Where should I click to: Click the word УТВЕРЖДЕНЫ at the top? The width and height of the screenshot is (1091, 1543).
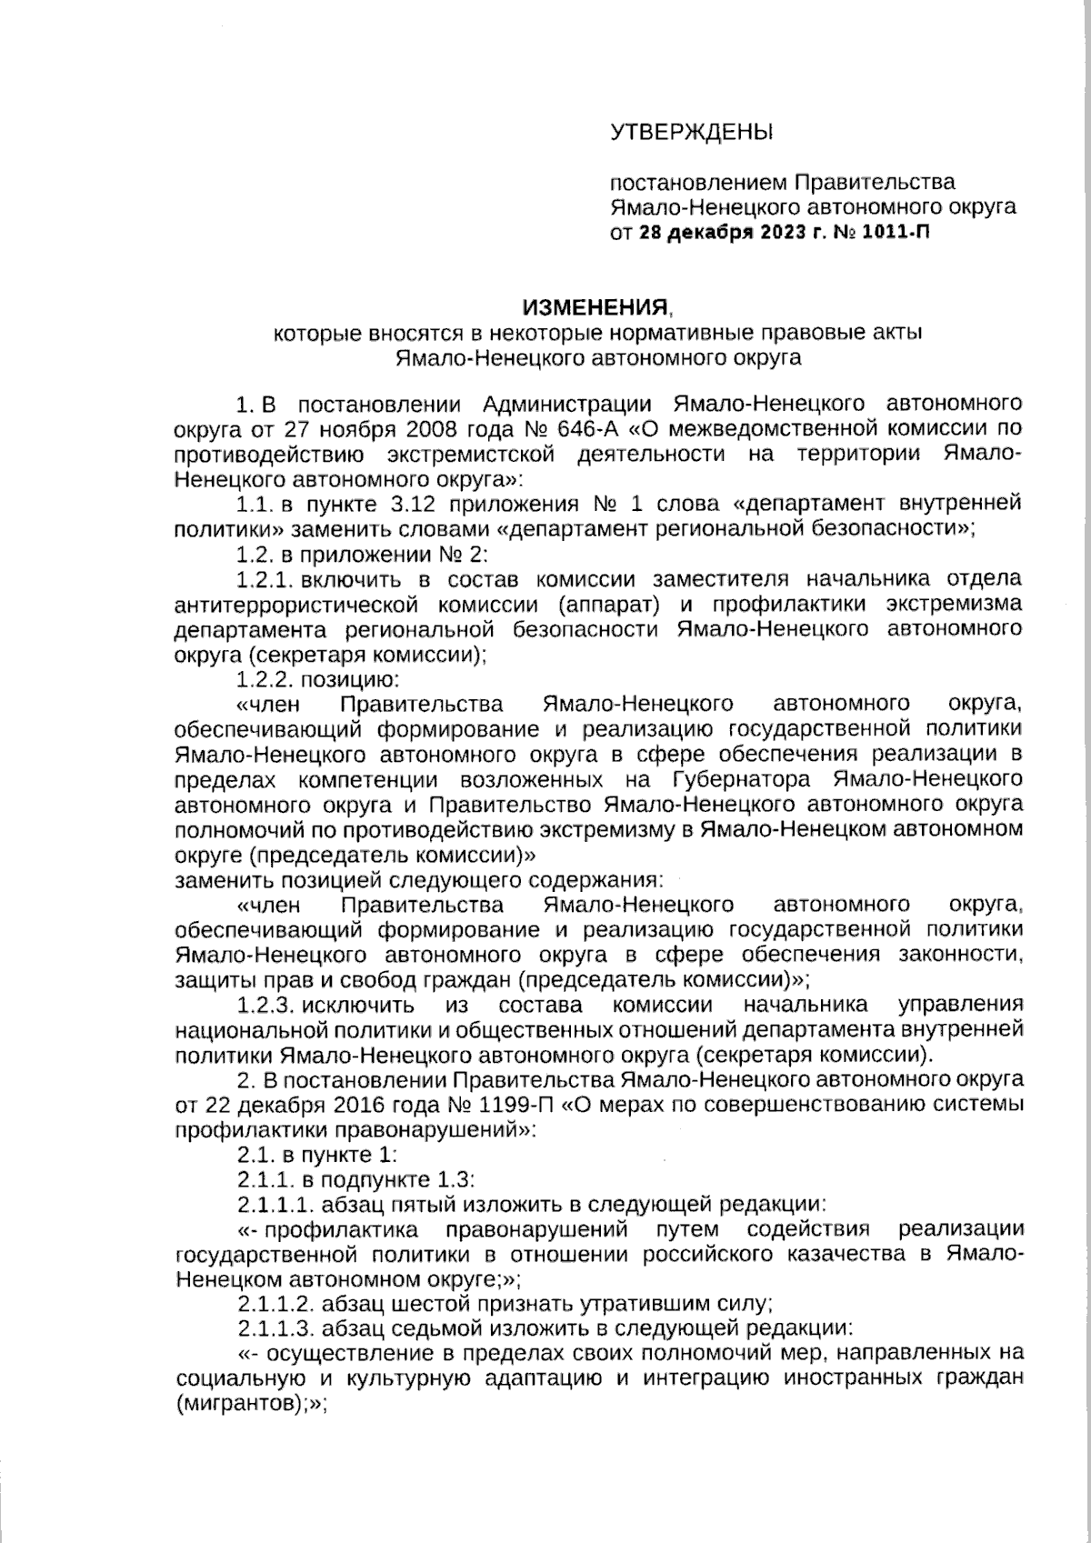(691, 133)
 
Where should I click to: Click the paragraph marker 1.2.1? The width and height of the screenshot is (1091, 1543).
(265, 578)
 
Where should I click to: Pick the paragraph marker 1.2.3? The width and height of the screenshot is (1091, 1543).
(265, 1005)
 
